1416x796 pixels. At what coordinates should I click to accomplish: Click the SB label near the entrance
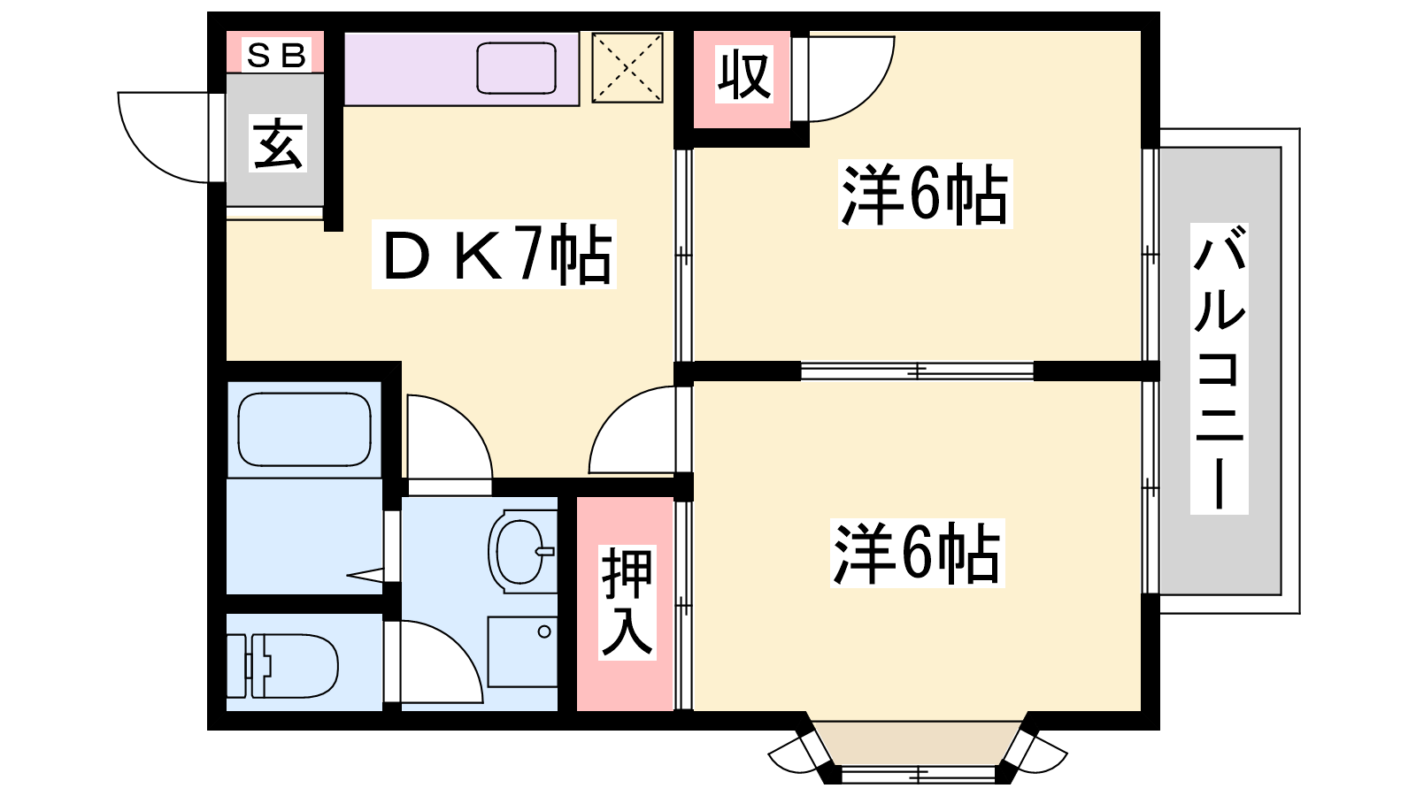click(x=277, y=55)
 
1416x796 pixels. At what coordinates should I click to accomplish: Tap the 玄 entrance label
click(x=278, y=143)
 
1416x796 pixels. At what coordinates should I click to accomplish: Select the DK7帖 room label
click(x=494, y=255)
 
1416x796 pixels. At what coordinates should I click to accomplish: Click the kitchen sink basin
click(x=517, y=68)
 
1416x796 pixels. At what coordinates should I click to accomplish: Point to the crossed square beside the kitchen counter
click(x=627, y=67)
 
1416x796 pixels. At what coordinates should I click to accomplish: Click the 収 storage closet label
click(x=744, y=74)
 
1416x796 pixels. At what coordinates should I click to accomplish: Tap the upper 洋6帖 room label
click(x=926, y=194)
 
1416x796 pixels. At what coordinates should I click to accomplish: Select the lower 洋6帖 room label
click(x=917, y=554)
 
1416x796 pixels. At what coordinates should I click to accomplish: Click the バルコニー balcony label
click(x=1220, y=368)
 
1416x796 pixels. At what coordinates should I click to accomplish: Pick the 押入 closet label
click(x=627, y=602)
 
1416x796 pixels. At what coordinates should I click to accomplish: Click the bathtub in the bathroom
click(x=304, y=430)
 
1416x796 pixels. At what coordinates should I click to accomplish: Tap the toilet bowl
click(x=283, y=666)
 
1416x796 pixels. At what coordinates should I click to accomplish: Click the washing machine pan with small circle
click(x=523, y=652)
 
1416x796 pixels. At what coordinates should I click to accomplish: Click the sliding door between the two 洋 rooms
click(x=917, y=371)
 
